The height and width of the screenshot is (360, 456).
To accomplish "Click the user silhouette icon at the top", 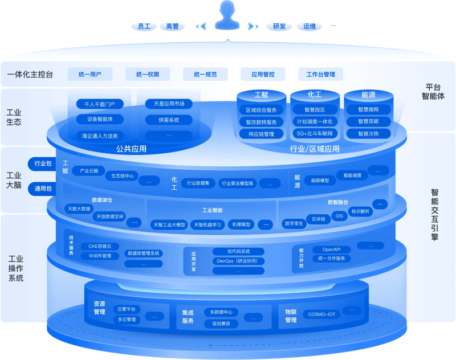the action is [227, 15].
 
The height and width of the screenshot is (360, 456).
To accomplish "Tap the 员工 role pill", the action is [144, 26].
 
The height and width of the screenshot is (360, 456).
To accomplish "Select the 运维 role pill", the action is [310, 26].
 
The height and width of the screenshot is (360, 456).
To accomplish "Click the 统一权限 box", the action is [148, 75].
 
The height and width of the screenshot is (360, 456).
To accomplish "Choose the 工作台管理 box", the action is [321, 75].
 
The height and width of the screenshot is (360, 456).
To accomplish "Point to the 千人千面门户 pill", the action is [100, 104].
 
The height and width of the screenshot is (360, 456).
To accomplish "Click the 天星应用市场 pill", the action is [169, 104].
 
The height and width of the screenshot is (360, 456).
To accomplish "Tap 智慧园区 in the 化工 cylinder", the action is [315, 109].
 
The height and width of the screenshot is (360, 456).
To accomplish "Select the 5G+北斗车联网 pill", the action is [315, 133].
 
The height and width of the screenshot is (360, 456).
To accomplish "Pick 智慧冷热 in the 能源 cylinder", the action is [368, 134].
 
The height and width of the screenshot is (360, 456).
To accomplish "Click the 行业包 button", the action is [42, 163].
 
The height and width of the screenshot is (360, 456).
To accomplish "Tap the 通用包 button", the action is [42, 189].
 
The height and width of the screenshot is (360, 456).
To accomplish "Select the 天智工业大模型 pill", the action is [169, 224].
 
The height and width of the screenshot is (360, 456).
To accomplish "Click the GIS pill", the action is [339, 216].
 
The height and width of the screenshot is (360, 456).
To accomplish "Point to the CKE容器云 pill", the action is [100, 246].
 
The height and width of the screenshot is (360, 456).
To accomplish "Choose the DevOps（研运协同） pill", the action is [238, 261].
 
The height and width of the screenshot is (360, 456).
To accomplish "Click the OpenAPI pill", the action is [332, 249].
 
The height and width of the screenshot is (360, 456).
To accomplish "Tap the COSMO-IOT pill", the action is [321, 314].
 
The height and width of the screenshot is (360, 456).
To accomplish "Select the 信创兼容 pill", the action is [221, 324].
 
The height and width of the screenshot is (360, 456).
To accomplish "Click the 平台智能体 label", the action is [433, 92].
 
